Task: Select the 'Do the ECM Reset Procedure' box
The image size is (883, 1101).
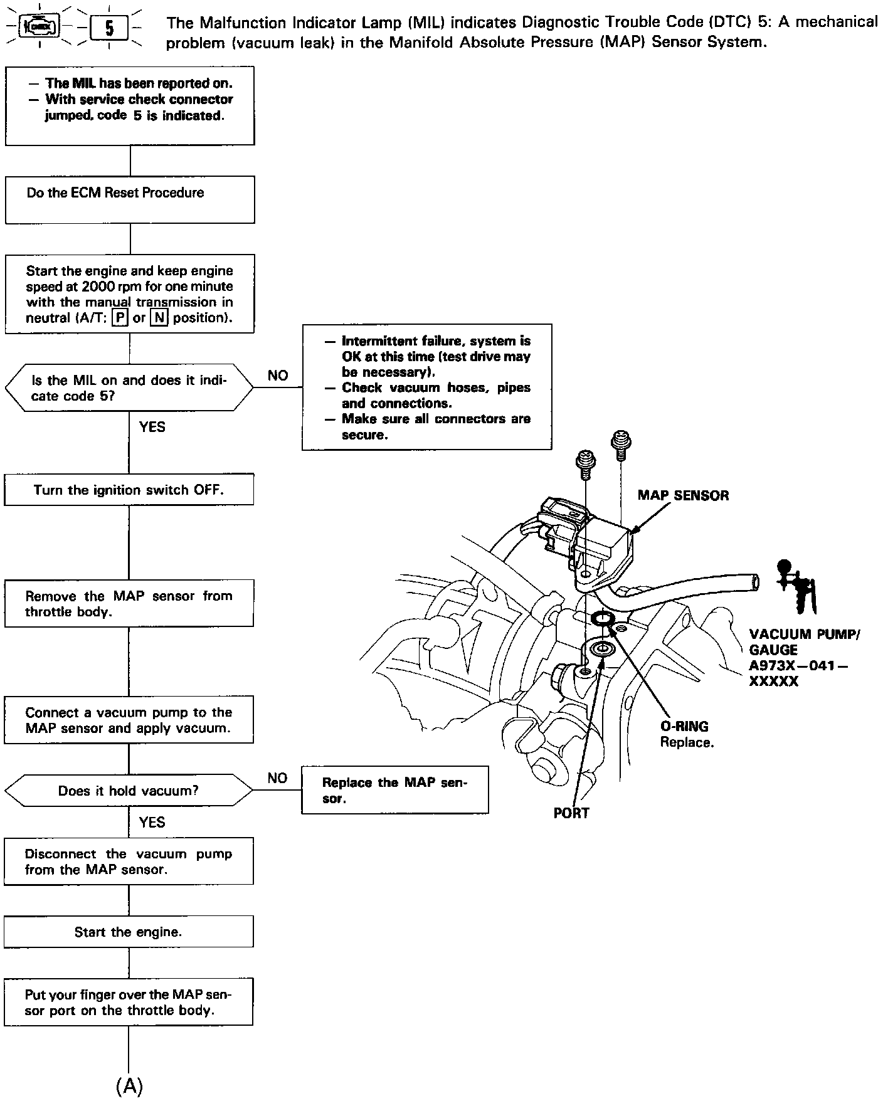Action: click(130, 199)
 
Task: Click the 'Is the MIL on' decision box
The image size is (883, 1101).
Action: click(129, 387)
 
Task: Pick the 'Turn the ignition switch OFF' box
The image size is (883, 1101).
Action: click(129, 490)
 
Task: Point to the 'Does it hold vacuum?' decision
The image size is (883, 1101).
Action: click(129, 791)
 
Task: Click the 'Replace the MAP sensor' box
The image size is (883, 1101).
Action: click(394, 790)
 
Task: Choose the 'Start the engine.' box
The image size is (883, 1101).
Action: click(129, 932)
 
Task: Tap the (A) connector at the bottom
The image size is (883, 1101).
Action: click(130, 1085)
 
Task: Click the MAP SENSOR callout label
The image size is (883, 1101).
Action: click(683, 495)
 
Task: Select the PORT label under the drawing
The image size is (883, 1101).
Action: click(571, 813)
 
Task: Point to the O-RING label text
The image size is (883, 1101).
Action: click(684, 727)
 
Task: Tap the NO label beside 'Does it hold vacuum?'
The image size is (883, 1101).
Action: click(277, 778)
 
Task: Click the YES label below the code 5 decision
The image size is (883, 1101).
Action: click(152, 427)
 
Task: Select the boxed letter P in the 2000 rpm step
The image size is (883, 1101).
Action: click(119, 318)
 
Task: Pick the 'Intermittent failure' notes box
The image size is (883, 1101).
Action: click(427, 387)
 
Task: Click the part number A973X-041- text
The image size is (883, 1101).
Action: click(798, 665)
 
